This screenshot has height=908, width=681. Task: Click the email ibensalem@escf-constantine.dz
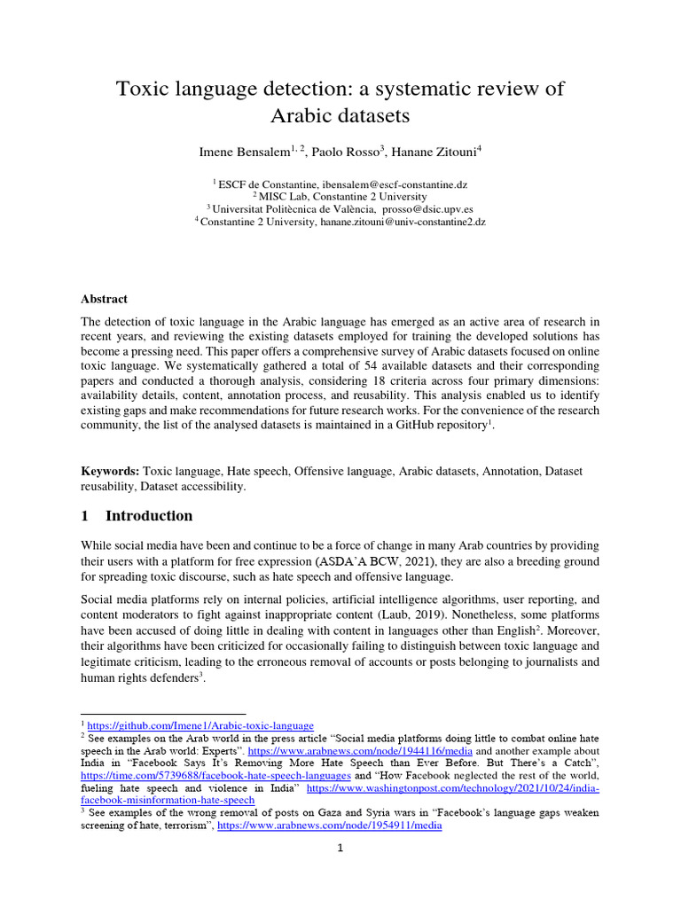tap(395, 184)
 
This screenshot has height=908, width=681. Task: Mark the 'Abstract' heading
tap(104, 299)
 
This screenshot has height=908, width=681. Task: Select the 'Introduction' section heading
tap(148, 516)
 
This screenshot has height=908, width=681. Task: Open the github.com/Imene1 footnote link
tap(200, 725)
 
